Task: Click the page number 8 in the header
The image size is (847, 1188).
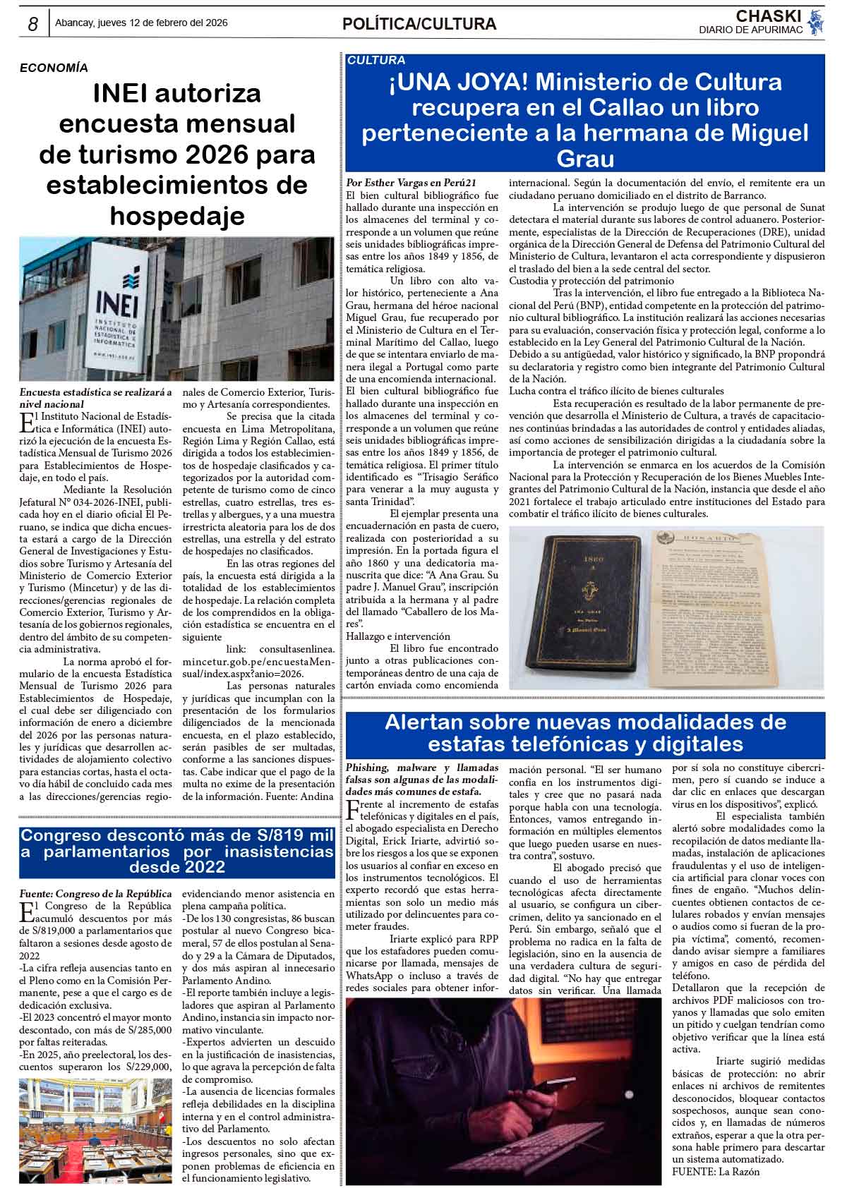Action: pos(32,24)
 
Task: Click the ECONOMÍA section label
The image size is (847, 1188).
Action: pos(54,68)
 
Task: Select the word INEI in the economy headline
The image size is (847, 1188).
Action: pos(125,94)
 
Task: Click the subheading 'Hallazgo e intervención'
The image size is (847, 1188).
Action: pos(397,636)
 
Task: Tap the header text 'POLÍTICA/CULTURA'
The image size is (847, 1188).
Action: pos(419,25)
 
